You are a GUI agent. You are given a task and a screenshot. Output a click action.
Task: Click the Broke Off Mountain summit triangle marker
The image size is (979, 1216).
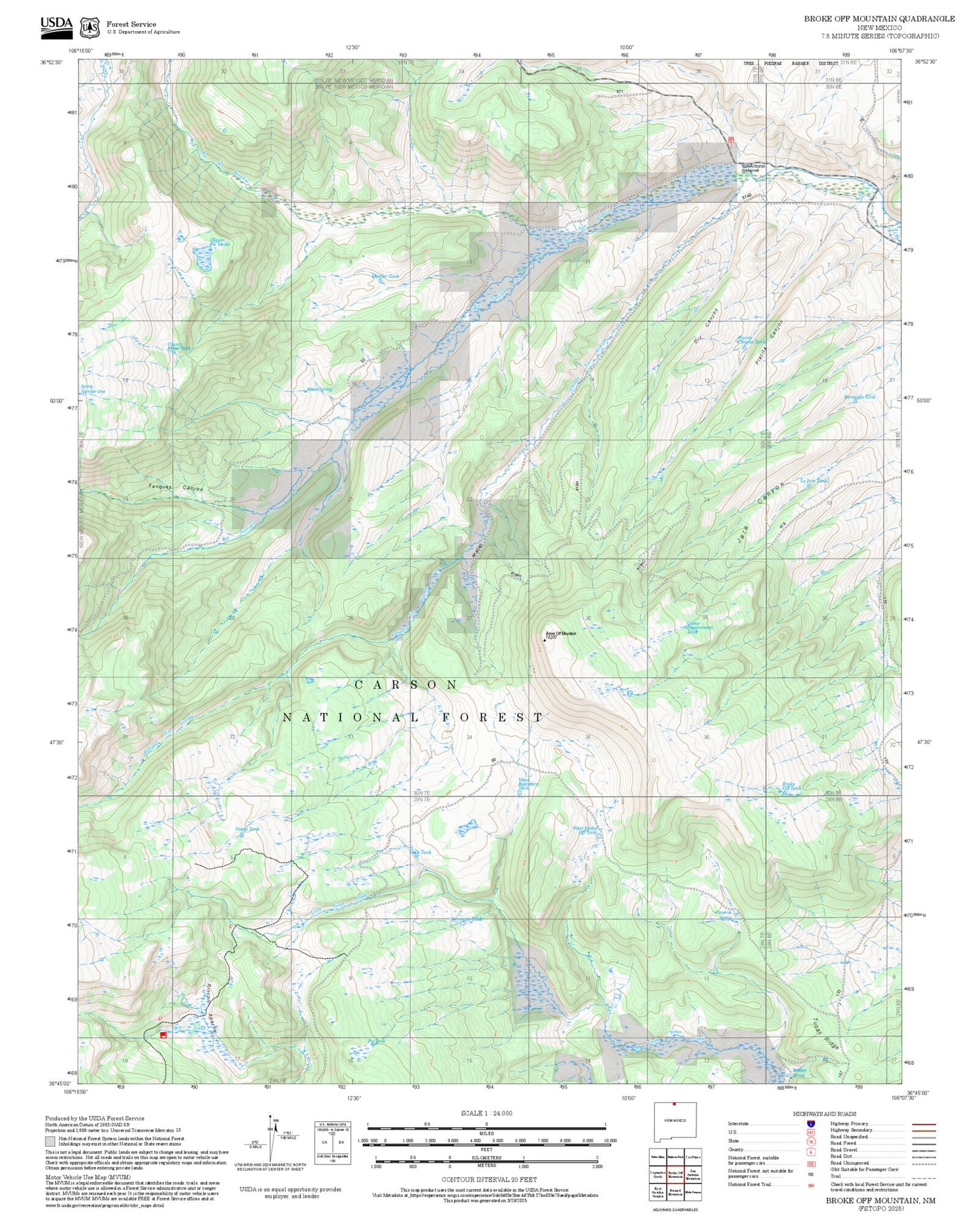click(x=545, y=640)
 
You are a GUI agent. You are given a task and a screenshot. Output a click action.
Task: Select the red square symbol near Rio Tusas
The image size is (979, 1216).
click(x=163, y=1035)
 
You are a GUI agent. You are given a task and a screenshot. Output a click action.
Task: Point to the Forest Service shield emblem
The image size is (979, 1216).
click(x=89, y=27)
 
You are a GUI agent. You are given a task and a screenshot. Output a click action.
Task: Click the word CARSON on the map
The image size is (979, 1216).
click(x=407, y=685)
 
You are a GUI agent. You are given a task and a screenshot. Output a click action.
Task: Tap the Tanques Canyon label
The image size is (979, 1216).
click(x=175, y=487)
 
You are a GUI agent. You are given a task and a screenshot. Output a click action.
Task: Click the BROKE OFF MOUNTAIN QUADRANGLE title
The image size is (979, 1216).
click(x=879, y=19)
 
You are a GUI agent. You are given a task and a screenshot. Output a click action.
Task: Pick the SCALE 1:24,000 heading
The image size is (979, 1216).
click(x=486, y=1113)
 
